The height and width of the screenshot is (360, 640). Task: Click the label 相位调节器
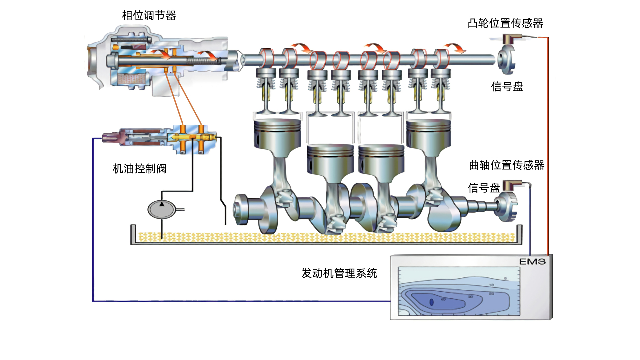149,16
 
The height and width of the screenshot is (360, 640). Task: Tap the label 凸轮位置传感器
505,23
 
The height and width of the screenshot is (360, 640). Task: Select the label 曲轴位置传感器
506,165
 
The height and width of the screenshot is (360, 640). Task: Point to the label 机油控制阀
140,169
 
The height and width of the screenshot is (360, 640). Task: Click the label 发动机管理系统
339,273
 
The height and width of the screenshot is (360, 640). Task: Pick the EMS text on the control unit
532,262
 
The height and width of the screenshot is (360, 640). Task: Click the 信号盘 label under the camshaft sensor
507,87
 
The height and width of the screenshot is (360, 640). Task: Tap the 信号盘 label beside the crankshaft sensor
484,188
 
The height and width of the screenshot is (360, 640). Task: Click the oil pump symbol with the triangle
162,209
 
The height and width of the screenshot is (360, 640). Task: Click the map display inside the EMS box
459,291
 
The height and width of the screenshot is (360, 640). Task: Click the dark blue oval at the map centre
431,302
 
